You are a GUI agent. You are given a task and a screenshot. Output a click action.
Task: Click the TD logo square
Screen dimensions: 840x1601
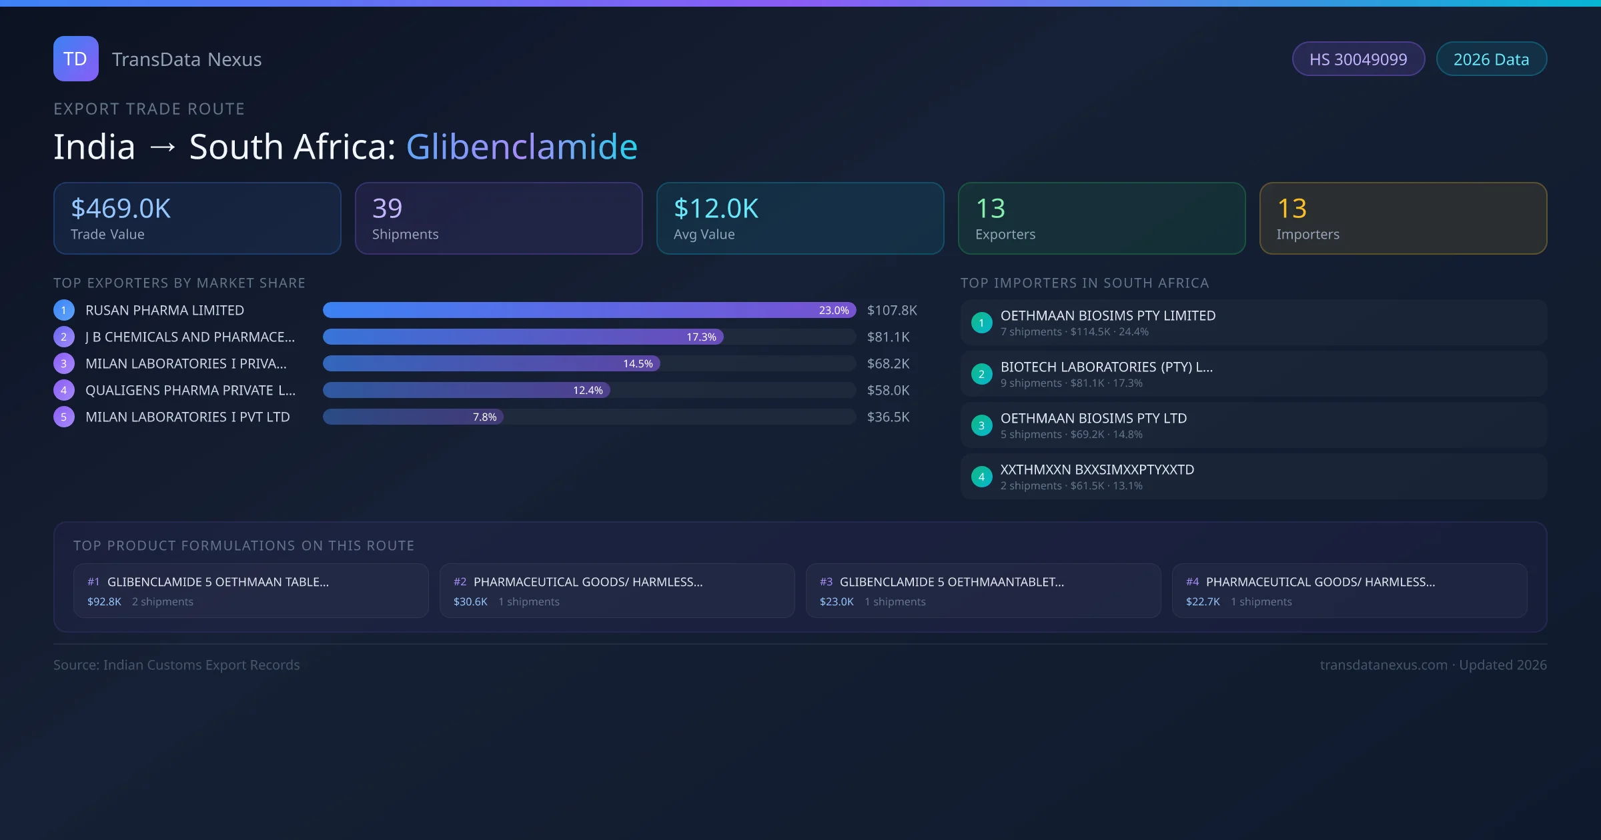pos(75,59)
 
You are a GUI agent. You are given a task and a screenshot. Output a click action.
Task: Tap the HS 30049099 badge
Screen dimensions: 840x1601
pos(1358,59)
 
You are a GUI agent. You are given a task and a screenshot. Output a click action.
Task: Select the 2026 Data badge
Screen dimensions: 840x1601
pos(1491,59)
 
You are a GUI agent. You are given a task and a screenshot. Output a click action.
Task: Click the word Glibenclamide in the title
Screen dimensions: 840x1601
pos(522,147)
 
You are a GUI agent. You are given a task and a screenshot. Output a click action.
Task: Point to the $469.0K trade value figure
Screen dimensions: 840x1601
pos(121,209)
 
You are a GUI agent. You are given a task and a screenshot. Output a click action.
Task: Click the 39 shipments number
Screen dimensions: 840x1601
pos(387,209)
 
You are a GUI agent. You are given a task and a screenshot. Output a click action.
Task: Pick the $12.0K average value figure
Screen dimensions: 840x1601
pos(716,209)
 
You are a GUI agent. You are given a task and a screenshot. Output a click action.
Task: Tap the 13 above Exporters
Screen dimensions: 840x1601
pos(990,209)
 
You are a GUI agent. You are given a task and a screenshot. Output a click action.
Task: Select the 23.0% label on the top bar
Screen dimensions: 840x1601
pos(833,310)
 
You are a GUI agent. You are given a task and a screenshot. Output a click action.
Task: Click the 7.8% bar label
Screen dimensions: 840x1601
pos(484,417)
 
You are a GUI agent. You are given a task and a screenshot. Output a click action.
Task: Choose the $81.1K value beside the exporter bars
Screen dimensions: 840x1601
pos(888,337)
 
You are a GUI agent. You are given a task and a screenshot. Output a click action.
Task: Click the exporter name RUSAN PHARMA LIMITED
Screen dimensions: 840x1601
pos(165,310)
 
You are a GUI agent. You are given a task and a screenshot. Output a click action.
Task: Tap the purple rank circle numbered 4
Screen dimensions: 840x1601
pos(64,390)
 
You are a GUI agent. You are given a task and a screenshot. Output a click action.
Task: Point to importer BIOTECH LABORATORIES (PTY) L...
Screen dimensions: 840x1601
pos(1106,367)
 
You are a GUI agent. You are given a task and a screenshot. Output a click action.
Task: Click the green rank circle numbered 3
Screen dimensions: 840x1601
pos(981,425)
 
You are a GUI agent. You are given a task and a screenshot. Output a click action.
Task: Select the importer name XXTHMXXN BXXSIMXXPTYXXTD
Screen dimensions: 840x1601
pos(1097,469)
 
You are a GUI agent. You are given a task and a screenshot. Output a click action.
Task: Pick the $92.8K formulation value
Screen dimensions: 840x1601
pos(104,601)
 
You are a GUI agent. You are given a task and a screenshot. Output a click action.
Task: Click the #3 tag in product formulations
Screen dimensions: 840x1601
pos(826,581)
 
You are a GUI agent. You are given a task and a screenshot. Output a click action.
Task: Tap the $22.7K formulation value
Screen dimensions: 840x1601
pos(1203,601)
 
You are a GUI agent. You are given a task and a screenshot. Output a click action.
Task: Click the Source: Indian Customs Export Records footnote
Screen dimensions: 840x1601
pos(176,665)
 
